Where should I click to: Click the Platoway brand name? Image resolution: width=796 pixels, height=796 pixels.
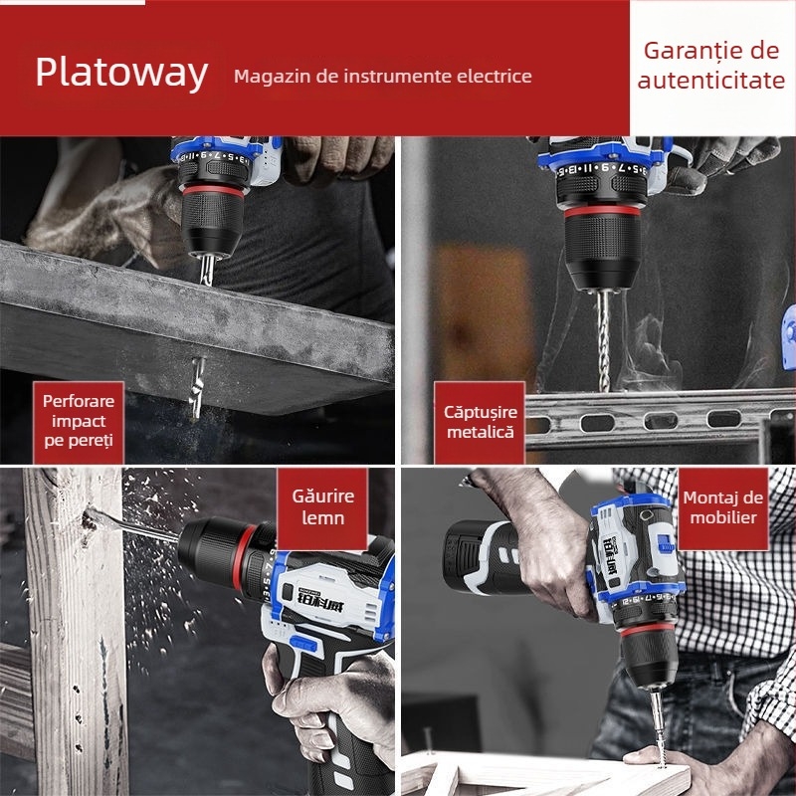coord(121,73)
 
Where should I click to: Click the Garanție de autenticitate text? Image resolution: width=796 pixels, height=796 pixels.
coord(711,65)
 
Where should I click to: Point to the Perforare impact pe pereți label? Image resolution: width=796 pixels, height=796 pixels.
coord(79,421)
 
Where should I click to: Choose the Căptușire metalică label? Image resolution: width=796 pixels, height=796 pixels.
coord(481,422)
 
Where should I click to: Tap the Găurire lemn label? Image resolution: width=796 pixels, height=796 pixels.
coord(322,506)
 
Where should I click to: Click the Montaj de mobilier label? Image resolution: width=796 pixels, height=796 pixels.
coord(723,507)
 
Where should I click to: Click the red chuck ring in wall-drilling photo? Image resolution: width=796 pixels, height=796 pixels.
coord(213,191)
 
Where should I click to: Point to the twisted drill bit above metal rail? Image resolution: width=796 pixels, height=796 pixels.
coord(603,341)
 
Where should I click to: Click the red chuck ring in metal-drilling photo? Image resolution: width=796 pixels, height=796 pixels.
coord(602,210)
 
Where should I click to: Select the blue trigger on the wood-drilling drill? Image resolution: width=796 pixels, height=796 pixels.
coord(303,645)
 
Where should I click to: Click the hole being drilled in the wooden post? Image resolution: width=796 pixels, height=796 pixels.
coord(90,519)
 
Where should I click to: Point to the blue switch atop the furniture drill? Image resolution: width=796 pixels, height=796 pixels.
coord(664,542)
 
